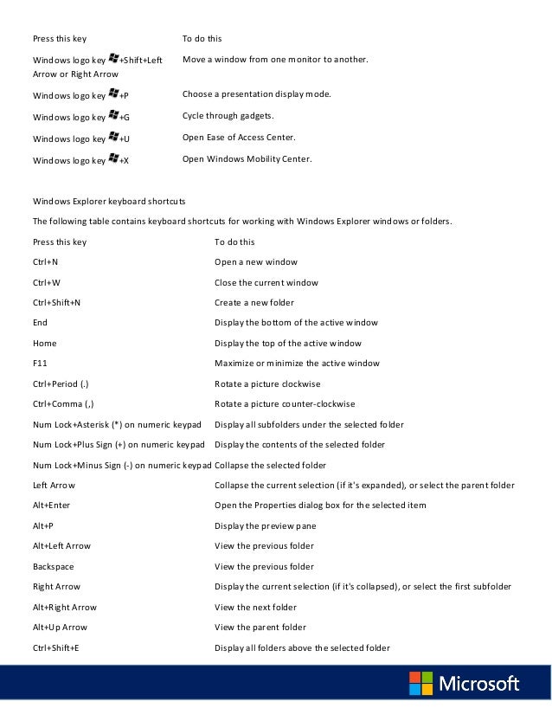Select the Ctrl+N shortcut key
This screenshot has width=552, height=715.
click(x=45, y=261)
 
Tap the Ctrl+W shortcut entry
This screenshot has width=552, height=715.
click(x=46, y=282)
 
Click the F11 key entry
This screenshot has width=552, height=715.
click(x=40, y=364)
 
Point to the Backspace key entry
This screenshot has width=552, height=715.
click(x=53, y=566)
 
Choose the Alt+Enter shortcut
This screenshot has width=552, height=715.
click(x=51, y=506)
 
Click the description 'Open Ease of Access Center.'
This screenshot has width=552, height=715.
click(x=239, y=138)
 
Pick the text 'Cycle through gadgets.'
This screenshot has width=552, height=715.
click(x=228, y=115)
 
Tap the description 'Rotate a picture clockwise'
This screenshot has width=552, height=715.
click(x=269, y=383)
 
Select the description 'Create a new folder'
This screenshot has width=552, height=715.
click(x=254, y=303)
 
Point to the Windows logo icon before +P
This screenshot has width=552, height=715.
click(x=113, y=93)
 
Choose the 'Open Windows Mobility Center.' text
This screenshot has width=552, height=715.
click(x=247, y=159)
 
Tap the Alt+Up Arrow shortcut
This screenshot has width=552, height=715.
click(x=60, y=627)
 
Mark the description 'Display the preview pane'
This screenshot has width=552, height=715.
click(x=265, y=525)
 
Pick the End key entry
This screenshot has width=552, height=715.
click(x=40, y=323)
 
